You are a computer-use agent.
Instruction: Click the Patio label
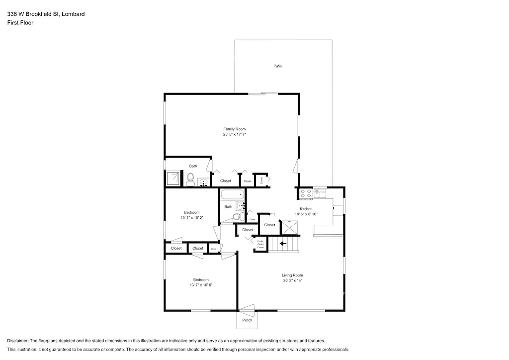pyautogui.click(x=277, y=66)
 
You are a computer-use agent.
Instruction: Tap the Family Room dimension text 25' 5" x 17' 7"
pyautogui.click(x=235, y=135)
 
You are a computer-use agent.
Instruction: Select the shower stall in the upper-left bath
pyautogui.click(x=172, y=178)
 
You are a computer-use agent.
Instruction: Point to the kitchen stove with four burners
pyautogui.click(x=306, y=192)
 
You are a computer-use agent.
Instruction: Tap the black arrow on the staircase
pyautogui.click(x=283, y=244)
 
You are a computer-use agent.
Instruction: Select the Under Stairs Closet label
pyautogui.click(x=260, y=243)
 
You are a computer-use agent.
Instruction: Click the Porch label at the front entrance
pyautogui.click(x=247, y=320)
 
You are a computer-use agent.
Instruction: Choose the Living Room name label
pyautogui.click(x=292, y=275)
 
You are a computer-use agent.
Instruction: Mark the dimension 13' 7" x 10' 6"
pyautogui.click(x=201, y=285)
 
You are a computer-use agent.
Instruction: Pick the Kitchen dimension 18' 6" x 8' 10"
pyautogui.click(x=306, y=214)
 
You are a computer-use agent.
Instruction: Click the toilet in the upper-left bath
pyautogui.click(x=190, y=179)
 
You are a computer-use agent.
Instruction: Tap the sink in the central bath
pyautogui.click(x=241, y=205)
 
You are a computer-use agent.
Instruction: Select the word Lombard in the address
pyautogui.click(x=74, y=14)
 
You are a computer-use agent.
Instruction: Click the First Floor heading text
pyautogui.click(x=20, y=23)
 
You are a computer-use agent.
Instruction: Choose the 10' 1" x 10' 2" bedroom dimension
pyautogui.click(x=192, y=218)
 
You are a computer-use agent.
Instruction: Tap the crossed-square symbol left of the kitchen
pyautogui.click(x=289, y=227)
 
